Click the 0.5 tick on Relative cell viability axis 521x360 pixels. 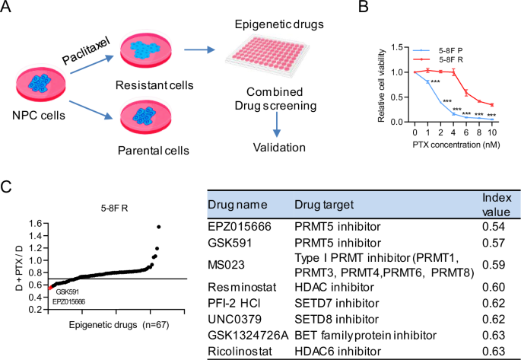pos(398,97)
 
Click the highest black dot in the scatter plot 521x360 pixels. pos(159,227)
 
